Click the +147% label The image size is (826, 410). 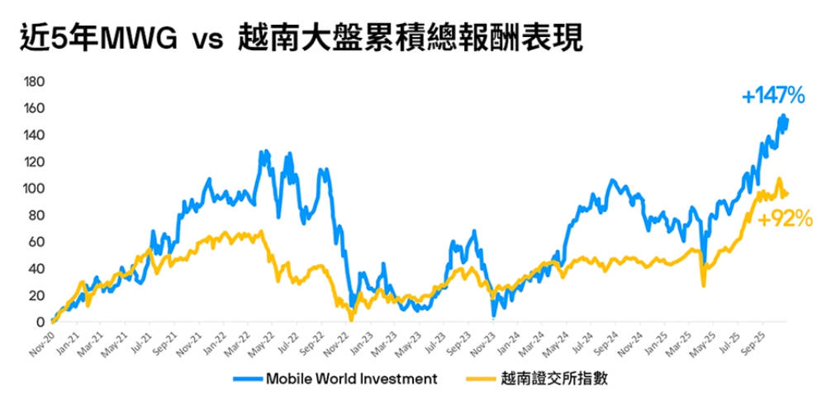[773, 97]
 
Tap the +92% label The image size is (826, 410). [785, 219]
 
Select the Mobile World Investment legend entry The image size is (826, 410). [351, 379]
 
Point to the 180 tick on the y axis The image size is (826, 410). [34, 82]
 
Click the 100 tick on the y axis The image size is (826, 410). [34, 188]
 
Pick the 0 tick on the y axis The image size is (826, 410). [40, 322]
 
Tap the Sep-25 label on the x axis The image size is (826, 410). [757, 339]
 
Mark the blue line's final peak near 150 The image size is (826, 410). [781, 116]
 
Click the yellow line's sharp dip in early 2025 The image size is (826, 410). [704, 285]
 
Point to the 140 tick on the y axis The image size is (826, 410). [34, 135]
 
